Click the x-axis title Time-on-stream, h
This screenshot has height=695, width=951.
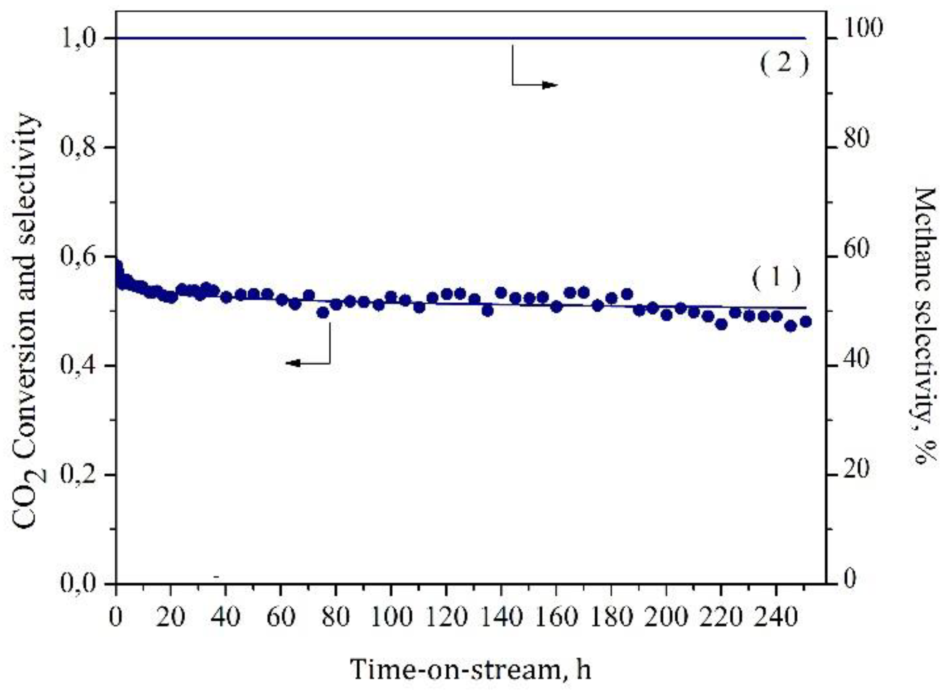[470, 669]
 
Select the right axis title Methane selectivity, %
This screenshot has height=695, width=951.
[924, 326]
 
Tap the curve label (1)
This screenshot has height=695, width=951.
[776, 278]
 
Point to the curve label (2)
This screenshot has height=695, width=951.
[784, 63]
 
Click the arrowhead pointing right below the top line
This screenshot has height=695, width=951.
[549, 85]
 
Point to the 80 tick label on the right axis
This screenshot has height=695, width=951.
[857, 139]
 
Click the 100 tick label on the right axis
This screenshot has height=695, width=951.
[863, 28]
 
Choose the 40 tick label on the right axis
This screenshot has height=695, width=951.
[857, 359]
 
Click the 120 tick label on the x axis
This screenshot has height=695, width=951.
[447, 617]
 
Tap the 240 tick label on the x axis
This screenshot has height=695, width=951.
[776, 617]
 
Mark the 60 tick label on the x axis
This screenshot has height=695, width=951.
[281, 617]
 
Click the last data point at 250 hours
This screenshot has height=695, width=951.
[805, 321]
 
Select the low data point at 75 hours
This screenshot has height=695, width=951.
[322, 313]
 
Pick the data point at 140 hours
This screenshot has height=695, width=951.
[501, 293]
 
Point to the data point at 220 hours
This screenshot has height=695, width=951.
[721, 324]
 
